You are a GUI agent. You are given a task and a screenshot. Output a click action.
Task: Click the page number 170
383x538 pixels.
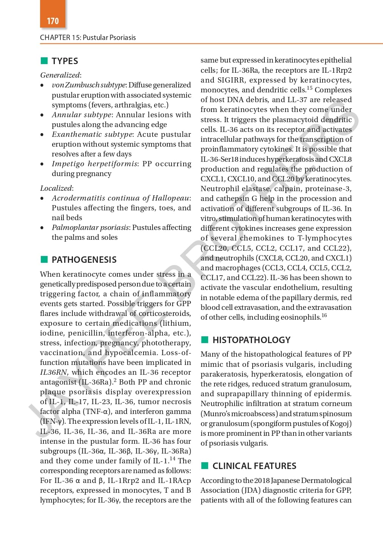(53, 21)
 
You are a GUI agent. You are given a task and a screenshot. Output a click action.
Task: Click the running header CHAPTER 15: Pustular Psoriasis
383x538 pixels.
(88, 37)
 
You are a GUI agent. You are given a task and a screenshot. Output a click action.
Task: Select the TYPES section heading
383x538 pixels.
(65, 61)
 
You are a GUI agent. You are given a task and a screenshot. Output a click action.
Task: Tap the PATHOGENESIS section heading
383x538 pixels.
(84, 260)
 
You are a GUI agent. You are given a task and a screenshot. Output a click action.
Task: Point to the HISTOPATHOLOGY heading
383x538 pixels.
(251, 340)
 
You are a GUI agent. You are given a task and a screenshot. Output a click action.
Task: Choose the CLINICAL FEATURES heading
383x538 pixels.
(254, 466)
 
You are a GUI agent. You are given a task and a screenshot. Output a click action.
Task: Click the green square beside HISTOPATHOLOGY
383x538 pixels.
(205, 340)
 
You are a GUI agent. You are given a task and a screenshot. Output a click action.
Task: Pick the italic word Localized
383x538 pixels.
(56, 188)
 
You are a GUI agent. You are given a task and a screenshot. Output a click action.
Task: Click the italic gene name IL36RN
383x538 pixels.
(53, 372)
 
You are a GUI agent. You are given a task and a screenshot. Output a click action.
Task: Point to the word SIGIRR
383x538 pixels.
(231, 80)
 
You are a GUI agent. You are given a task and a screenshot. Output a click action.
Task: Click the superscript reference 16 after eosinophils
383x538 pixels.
(324, 315)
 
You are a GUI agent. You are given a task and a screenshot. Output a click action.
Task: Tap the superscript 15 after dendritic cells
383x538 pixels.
(309, 88)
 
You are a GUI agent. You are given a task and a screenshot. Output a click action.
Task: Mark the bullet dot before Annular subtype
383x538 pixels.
(42, 115)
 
